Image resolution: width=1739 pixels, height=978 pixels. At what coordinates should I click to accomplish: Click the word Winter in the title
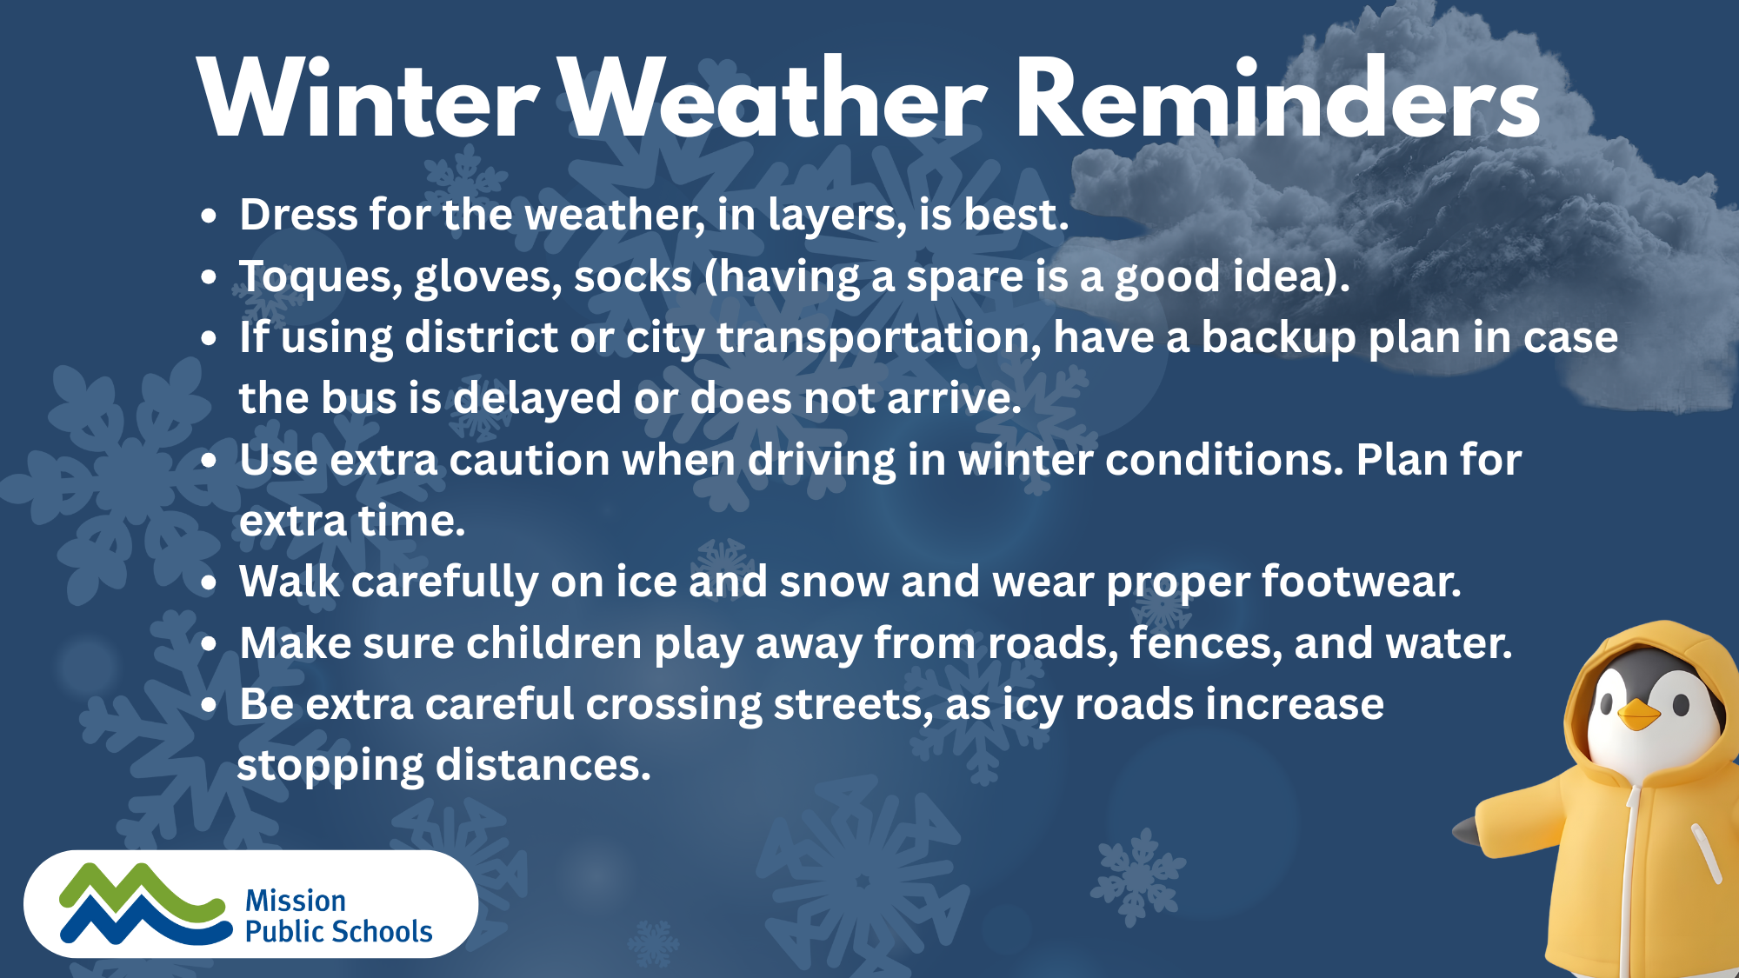[x=369, y=97]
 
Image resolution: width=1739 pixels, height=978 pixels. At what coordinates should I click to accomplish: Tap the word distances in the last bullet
[x=543, y=765]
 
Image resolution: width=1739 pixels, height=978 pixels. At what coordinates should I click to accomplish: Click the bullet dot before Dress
[x=208, y=216]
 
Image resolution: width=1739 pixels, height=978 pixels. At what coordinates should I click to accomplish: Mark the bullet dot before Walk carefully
[x=208, y=583]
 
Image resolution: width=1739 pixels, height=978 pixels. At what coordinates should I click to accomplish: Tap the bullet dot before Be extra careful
[x=208, y=706]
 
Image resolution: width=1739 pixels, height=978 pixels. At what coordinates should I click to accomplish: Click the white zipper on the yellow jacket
[x=1629, y=878]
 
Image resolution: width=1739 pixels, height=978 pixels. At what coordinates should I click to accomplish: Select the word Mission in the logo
[x=296, y=901]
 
